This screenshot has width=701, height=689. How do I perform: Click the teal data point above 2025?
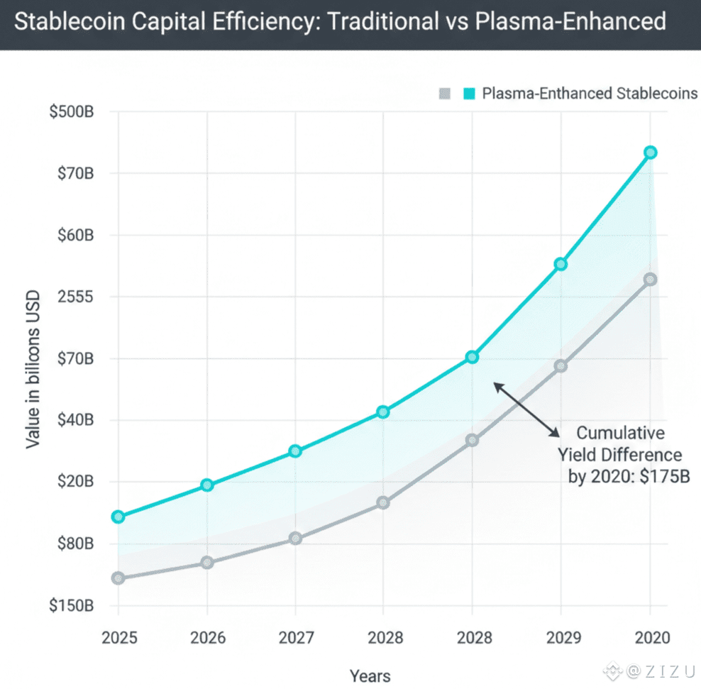[x=118, y=517]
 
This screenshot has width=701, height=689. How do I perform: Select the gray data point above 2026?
[x=206, y=563]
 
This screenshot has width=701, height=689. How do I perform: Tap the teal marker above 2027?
[x=295, y=451]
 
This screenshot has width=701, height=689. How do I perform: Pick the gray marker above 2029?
[x=561, y=366]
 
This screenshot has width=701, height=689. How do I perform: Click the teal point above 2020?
[x=650, y=153]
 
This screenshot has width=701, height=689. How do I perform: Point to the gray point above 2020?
[x=650, y=280]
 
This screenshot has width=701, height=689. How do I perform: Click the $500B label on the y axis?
[x=72, y=113]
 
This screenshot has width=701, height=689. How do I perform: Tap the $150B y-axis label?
[x=72, y=606]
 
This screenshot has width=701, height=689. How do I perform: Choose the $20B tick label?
[x=74, y=482]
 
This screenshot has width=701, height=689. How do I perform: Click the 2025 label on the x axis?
[x=118, y=638]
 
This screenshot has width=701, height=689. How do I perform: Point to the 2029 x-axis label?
[x=561, y=638]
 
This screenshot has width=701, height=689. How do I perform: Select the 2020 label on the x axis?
[x=650, y=638]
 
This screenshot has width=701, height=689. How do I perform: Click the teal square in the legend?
[x=468, y=93]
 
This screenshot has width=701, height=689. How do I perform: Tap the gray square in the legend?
[x=445, y=93]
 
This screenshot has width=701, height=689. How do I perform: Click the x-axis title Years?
[x=370, y=676]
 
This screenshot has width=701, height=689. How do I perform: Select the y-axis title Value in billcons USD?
[x=32, y=369]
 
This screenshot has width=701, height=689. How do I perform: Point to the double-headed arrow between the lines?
[x=526, y=409]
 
